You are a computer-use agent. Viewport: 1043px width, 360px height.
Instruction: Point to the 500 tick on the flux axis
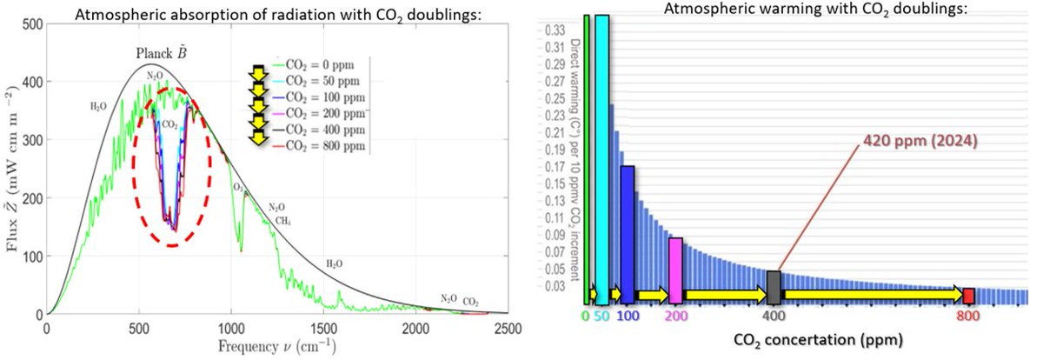[29, 25]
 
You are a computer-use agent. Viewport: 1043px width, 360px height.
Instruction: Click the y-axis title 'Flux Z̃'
[11, 169]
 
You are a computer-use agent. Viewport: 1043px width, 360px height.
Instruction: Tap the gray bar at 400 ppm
[774, 288]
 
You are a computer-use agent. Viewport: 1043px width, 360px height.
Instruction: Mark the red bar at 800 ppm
[968, 296]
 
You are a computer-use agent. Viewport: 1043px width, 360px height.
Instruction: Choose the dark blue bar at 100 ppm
[627, 235]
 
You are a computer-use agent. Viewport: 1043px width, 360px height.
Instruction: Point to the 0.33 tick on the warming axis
[552, 29]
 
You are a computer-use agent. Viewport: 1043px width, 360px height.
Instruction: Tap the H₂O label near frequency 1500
[335, 263]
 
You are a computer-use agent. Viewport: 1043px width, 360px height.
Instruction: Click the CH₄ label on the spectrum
[283, 221]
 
